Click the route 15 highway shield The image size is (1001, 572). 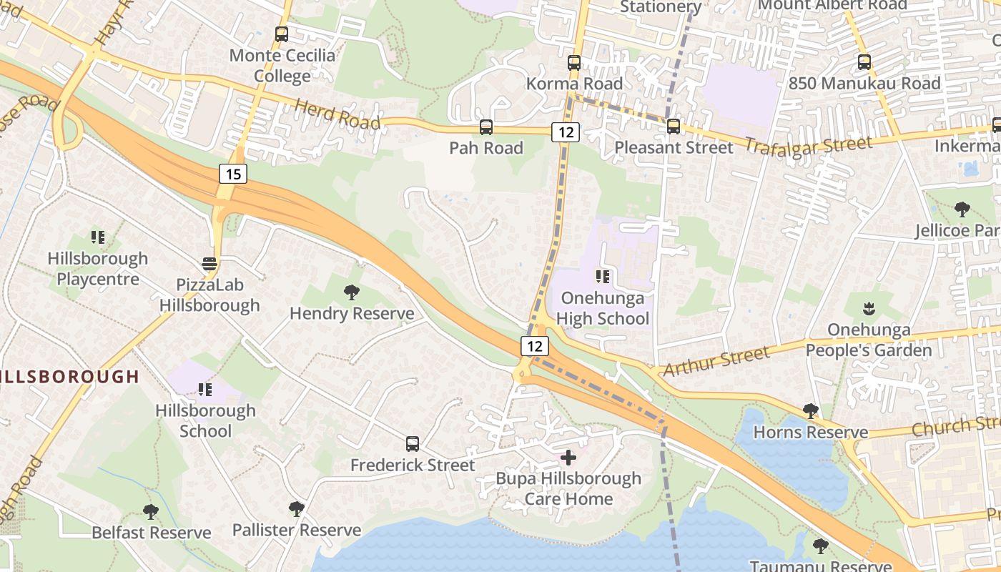232,173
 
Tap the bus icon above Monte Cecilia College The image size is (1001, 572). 282,34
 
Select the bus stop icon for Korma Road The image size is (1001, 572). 574,62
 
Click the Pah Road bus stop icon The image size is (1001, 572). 486,127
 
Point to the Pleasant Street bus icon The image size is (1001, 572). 673,127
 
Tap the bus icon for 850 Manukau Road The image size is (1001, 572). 864,62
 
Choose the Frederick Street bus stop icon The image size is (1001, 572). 413,444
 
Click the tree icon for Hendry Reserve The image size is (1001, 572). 351,292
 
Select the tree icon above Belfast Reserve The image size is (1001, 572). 150,512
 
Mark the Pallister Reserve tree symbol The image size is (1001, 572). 296,509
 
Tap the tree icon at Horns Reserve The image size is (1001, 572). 810,411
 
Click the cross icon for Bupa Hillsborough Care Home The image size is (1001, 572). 568,457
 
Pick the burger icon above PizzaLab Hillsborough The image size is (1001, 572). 209,264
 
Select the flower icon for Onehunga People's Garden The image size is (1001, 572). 869,309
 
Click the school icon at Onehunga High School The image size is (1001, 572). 602,276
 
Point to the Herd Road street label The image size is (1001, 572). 337,114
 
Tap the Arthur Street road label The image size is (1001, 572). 716,360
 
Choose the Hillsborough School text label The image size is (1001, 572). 205,420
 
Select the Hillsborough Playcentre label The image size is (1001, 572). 98,268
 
